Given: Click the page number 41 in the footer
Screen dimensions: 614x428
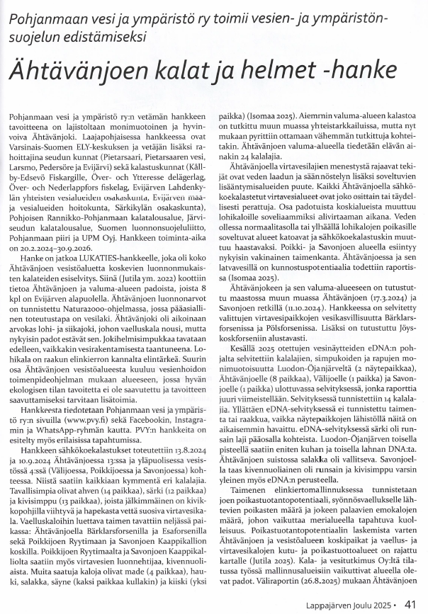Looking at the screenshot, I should [410, 604].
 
